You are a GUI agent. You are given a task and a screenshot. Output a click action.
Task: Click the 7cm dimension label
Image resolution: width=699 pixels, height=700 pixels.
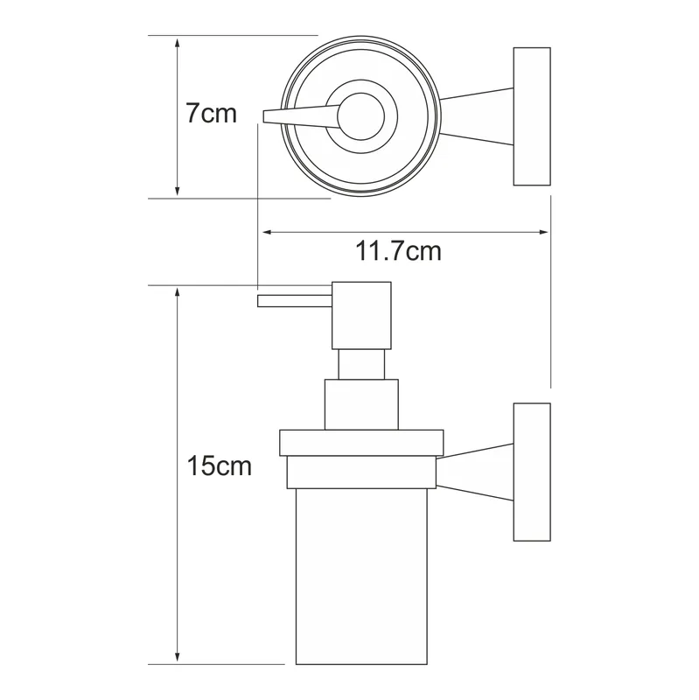[211, 114]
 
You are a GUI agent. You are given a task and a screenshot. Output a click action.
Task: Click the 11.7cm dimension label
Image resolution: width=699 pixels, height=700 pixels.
[398, 251]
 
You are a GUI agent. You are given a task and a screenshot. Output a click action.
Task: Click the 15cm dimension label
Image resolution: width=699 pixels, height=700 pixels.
[220, 465]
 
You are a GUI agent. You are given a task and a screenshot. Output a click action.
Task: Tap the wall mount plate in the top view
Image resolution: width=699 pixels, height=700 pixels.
[532, 116]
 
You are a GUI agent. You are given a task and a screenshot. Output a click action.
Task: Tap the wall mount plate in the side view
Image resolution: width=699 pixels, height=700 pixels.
[532, 472]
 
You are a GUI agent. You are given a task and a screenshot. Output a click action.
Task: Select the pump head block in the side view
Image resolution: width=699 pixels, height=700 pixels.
[361, 315]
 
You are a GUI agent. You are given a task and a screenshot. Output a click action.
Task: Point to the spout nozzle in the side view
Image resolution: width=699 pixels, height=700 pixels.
[295, 301]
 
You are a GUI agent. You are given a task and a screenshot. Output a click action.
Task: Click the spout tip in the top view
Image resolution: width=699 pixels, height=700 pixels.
[264, 116]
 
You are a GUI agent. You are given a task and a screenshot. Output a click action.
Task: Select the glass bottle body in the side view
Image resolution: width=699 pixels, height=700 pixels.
[361, 577]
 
